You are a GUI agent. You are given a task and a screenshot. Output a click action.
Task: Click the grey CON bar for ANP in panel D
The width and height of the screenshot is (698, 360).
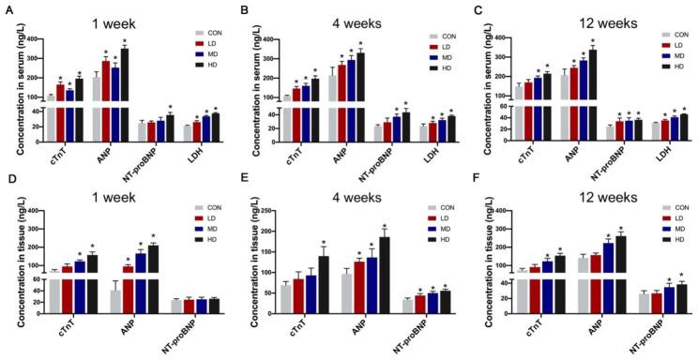[x=89, y=300]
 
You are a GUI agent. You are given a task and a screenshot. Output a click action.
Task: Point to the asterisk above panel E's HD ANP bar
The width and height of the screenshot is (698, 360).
[x=384, y=226]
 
